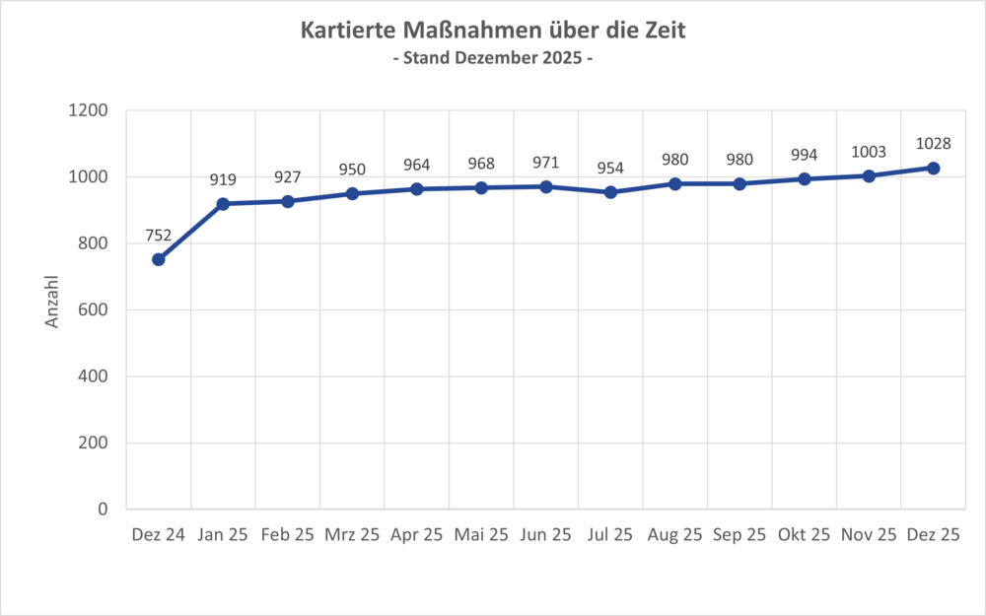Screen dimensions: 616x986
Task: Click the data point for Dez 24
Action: (158, 259)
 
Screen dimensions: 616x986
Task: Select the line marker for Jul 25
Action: (610, 192)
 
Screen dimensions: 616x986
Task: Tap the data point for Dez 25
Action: (934, 168)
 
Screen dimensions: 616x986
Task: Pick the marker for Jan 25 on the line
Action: (223, 204)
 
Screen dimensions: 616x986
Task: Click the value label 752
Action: (158, 236)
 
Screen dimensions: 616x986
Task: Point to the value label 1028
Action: (933, 144)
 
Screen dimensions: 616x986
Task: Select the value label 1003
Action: (869, 152)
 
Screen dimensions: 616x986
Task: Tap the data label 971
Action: (545, 163)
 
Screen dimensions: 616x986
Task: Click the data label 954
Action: (610, 169)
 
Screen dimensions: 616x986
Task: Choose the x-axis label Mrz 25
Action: (352, 535)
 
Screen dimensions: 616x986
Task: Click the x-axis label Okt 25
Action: (804, 535)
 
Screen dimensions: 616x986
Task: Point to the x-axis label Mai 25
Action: (481, 535)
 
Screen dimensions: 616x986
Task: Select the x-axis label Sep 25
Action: (739, 535)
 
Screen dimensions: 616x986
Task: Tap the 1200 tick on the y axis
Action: (89, 111)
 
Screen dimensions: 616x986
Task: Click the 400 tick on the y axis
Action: (95, 376)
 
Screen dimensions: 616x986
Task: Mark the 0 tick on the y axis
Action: (103, 510)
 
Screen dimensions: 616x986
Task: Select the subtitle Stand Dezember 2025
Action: (493, 59)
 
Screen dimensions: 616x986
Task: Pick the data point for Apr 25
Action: (416, 188)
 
